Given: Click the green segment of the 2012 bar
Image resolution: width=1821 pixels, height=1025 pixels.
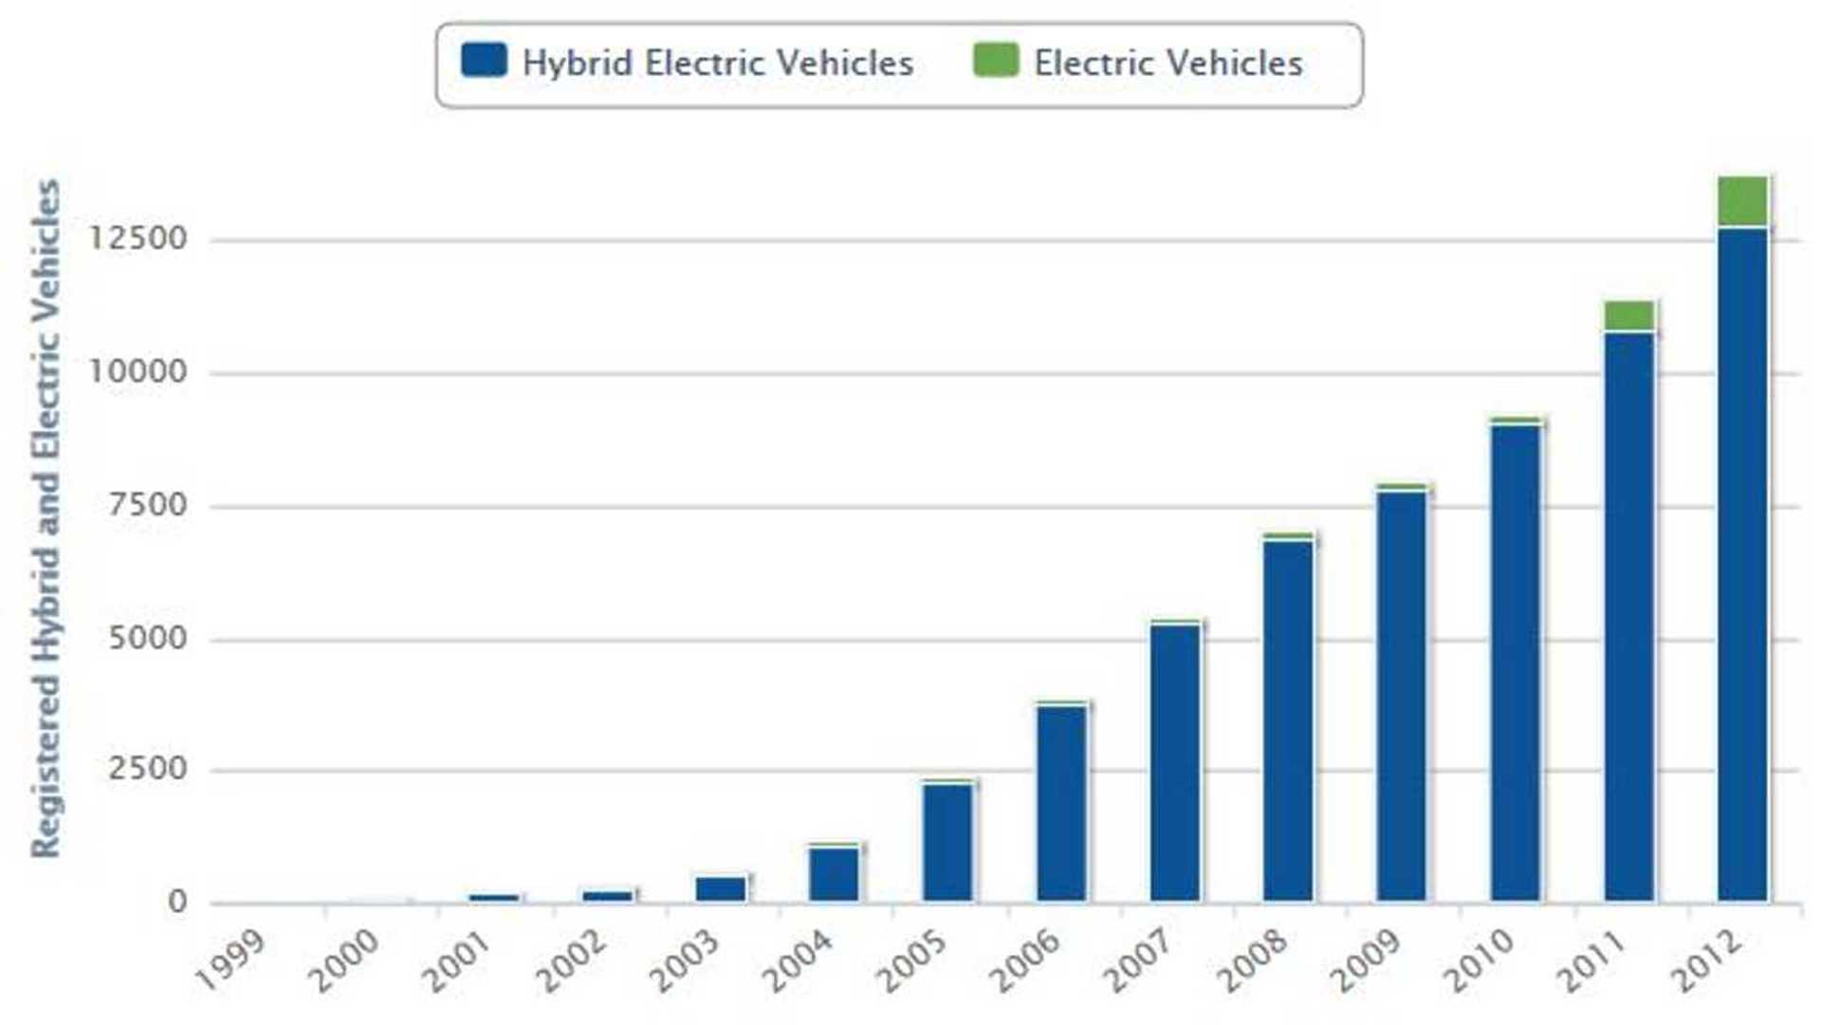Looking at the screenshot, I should coord(1742,201).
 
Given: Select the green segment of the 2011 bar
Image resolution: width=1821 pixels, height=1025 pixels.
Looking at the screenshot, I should coord(1628,315).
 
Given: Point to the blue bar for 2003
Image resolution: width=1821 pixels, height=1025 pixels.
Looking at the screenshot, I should coord(721,888).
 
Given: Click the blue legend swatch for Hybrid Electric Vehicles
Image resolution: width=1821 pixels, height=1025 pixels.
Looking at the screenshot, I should coord(484,61).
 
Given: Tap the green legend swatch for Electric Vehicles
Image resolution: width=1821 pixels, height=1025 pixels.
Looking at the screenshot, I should coord(996,61).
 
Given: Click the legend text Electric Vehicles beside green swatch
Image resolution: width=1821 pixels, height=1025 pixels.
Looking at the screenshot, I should coord(1168,64).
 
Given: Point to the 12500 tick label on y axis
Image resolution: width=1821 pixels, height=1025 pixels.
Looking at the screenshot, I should coord(138,238).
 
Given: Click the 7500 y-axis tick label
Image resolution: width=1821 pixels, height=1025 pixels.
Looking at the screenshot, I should coord(147,505).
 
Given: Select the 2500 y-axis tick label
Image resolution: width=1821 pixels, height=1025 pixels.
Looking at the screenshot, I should coord(147,769).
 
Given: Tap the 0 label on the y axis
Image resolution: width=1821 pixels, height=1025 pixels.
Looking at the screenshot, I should coord(177,902).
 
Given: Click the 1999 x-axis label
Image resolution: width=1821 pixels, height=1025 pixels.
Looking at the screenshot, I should coord(230,960).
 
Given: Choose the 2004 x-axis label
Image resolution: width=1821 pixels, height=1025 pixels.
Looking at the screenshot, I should coord(798,960).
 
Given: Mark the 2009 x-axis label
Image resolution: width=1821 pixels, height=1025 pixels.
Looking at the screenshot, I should coord(1365,960).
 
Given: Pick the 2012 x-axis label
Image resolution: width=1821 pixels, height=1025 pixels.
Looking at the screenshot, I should coord(1705,960).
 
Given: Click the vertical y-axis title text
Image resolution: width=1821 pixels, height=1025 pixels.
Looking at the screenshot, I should coord(46,518).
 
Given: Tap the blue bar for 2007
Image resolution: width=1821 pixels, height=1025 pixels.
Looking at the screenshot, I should coord(1174,761).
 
